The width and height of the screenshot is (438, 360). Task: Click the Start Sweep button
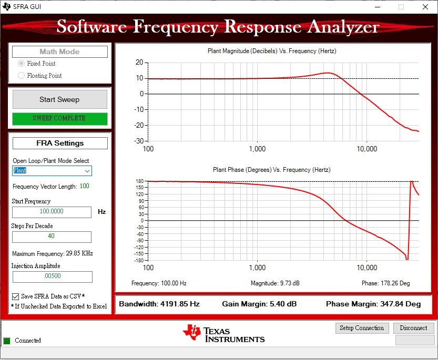[x=59, y=99]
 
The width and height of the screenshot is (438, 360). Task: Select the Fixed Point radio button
[x=22, y=64]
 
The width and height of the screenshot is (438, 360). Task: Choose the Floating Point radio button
[x=22, y=76]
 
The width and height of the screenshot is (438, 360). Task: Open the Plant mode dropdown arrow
[x=87, y=171]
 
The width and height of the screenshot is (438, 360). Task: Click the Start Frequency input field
[x=52, y=212]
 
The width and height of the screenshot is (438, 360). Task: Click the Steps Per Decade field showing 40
[x=52, y=236]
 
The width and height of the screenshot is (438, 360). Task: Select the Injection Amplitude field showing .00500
[x=52, y=276]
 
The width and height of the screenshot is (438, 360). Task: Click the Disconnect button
[x=413, y=328]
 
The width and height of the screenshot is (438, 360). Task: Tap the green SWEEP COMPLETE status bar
[x=59, y=118]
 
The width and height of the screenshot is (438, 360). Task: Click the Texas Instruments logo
[x=224, y=332]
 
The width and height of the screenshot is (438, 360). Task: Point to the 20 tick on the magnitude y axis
[x=139, y=62]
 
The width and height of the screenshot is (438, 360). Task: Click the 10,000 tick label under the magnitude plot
[x=366, y=149]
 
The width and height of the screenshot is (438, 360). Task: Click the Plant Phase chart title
[x=271, y=170]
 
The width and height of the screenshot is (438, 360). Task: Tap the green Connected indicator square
[x=7, y=341]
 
